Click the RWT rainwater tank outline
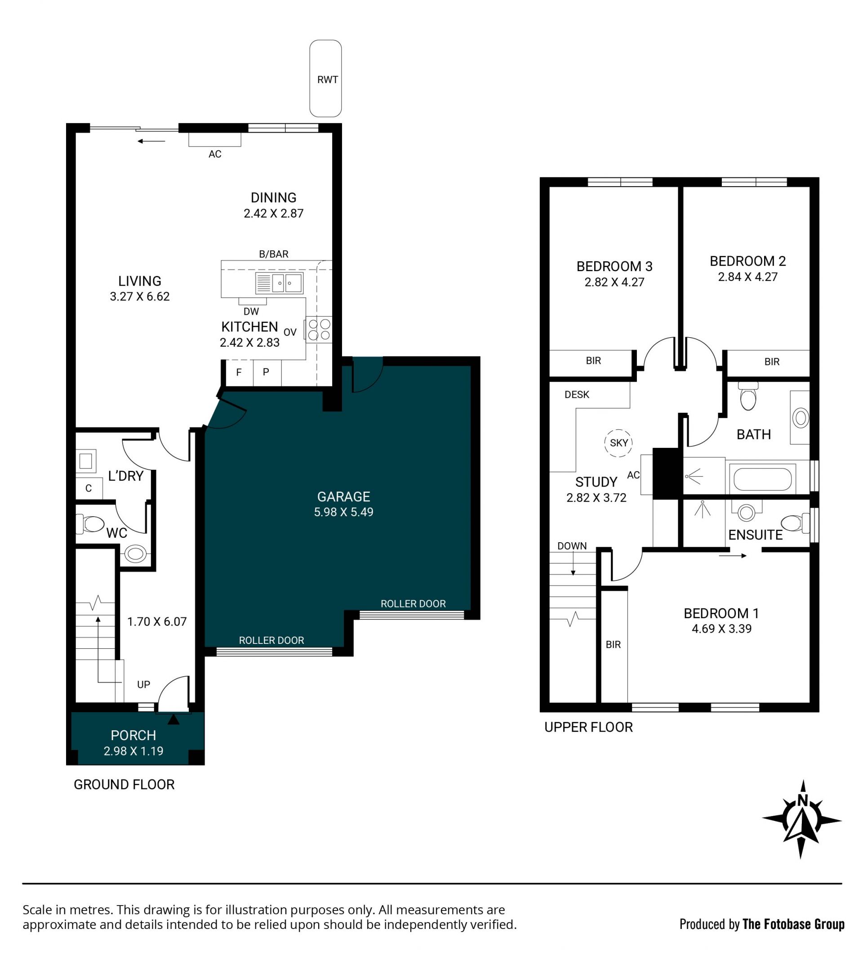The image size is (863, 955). coord(310,78)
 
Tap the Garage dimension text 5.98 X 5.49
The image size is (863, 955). coord(343,512)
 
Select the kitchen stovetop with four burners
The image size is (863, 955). coord(318,329)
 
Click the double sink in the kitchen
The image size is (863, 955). coord(279,283)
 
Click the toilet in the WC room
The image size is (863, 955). coord(91,524)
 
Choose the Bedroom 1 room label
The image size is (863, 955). coord(721,613)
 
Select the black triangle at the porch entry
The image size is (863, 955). coord(173,719)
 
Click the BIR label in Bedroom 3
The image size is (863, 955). coord(593,361)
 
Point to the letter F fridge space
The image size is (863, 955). coord(239,372)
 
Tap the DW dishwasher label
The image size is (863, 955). coord(251,311)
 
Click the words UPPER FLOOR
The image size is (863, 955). coord(588,727)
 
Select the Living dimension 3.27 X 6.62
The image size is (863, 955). coord(140,297)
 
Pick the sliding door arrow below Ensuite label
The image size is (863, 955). coord(732,556)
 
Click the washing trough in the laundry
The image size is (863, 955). coord(86,460)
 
